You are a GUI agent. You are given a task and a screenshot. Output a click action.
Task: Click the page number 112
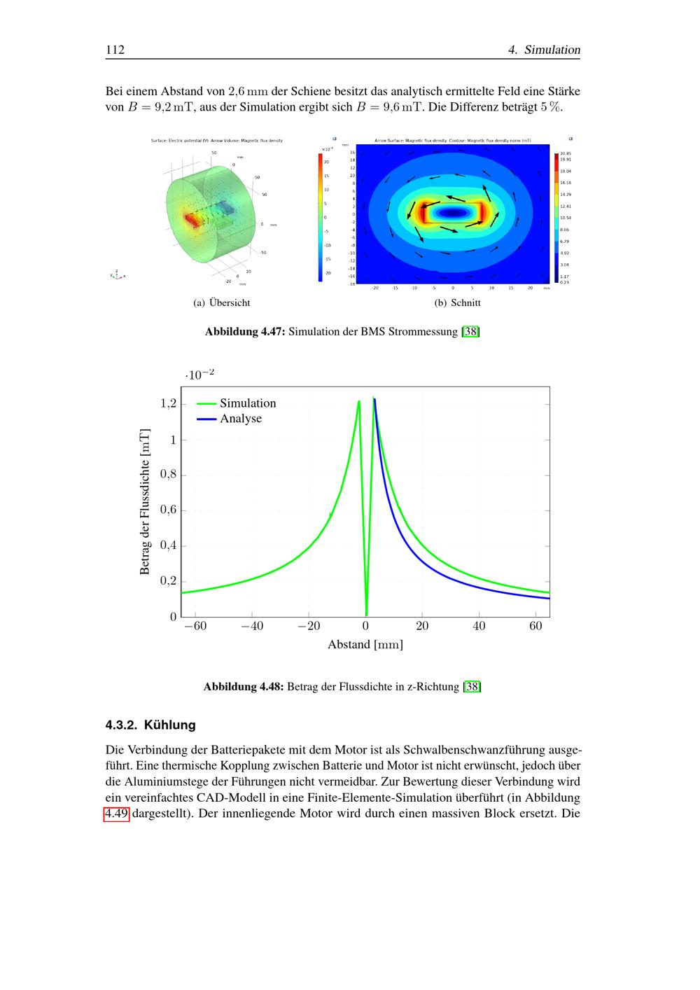(x=115, y=50)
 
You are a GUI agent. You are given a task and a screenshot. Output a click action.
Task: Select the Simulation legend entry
(x=247, y=403)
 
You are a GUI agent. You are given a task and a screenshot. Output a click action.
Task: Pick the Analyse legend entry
(x=240, y=419)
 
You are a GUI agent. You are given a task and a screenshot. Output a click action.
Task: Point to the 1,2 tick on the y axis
(x=168, y=404)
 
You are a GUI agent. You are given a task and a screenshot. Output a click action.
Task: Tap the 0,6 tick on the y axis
(x=168, y=510)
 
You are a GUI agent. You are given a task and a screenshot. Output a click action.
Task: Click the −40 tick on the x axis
(x=252, y=626)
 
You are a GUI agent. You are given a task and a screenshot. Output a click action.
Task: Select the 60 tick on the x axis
(x=535, y=626)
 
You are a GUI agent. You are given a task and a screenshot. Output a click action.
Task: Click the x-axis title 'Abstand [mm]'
(x=365, y=645)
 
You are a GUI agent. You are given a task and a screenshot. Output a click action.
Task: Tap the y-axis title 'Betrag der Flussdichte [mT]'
(x=145, y=501)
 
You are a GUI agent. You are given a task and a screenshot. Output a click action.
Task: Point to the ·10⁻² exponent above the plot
(x=199, y=375)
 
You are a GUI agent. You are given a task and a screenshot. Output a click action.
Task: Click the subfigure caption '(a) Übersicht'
(x=221, y=303)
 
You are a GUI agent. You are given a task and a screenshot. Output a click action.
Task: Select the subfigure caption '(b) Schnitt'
(x=457, y=303)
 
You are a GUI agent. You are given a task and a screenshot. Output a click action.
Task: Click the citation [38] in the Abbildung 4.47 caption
(x=470, y=332)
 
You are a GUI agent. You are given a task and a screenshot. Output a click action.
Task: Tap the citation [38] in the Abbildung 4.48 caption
(x=472, y=687)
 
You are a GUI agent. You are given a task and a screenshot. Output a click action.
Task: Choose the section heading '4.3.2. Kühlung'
(x=150, y=725)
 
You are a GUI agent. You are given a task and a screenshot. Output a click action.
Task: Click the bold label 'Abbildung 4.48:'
(x=243, y=687)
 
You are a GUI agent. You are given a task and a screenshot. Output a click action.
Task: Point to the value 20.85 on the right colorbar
(x=566, y=153)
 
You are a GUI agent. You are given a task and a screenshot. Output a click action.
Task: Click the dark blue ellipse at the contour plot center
(x=453, y=212)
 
